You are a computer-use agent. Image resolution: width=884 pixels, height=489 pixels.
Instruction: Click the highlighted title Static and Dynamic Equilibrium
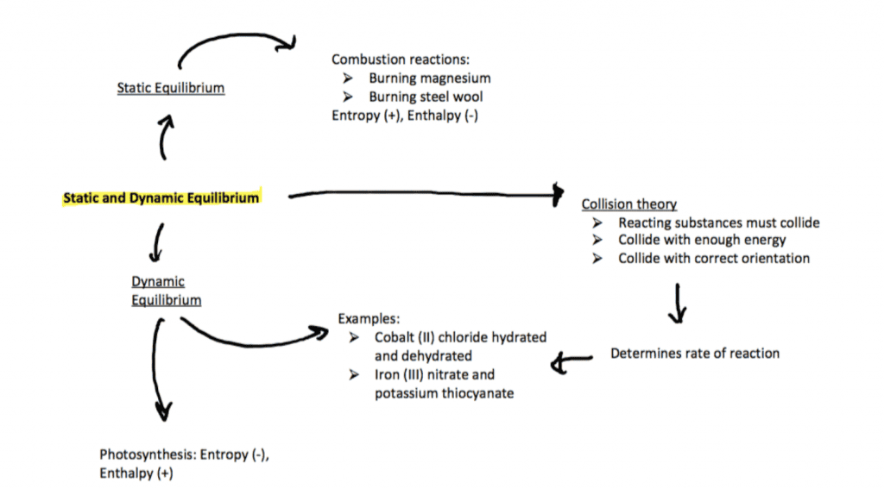(161, 197)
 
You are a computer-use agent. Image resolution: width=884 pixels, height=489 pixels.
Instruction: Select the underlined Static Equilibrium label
(171, 88)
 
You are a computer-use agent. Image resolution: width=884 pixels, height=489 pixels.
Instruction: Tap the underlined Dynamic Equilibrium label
(166, 292)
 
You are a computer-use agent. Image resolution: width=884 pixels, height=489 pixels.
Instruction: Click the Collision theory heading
(628, 204)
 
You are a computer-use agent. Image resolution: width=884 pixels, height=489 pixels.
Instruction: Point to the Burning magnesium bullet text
(430, 78)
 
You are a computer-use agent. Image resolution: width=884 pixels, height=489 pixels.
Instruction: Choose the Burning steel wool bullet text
(426, 97)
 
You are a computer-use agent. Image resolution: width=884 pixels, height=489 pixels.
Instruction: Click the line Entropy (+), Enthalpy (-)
(405, 116)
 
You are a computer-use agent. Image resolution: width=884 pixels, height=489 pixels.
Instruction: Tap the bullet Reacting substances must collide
(718, 223)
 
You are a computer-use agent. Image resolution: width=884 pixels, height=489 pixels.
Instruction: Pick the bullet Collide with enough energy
(702, 240)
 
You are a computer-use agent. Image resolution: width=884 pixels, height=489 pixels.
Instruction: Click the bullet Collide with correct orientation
(714, 258)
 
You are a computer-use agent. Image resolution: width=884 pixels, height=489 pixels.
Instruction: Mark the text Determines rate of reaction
(695, 353)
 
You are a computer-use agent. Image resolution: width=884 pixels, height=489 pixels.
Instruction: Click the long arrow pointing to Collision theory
(423, 196)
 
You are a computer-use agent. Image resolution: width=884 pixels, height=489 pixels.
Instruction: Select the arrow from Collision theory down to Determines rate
(678, 303)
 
